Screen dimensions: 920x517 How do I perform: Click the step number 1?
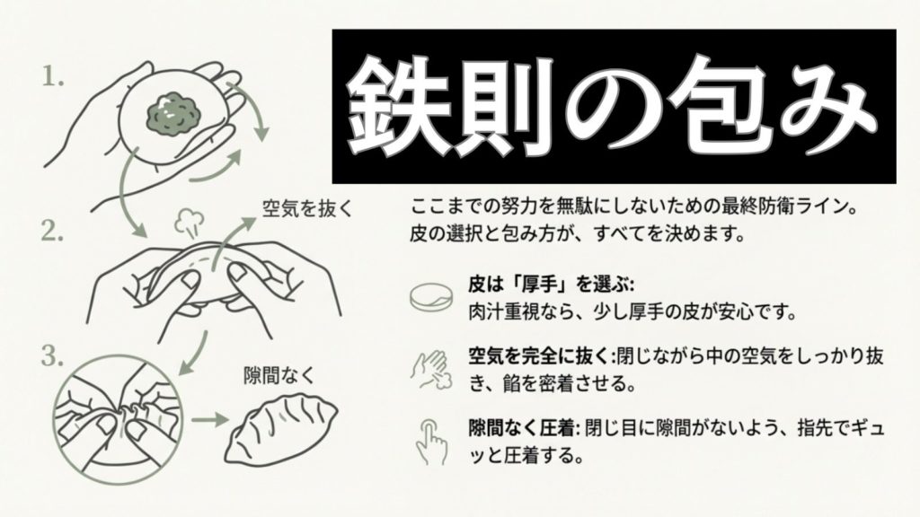[x=53, y=76]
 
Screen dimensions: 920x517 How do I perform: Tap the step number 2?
[x=52, y=232]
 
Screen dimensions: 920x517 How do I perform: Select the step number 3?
[x=52, y=355]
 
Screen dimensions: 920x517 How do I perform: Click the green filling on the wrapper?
[x=172, y=114]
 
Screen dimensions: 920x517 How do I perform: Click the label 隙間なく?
[x=279, y=376]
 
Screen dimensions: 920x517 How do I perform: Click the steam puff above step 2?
[x=189, y=221]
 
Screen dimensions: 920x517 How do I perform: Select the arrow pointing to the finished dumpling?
[x=208, y=420]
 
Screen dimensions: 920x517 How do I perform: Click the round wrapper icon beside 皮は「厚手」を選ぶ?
[x=431, y=297]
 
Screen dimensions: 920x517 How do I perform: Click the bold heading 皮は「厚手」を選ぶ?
[x=551, y=285]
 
